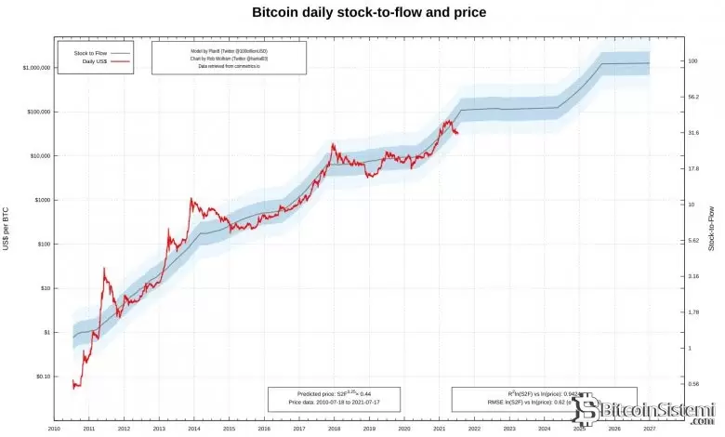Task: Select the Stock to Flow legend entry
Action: (x=90, y=53)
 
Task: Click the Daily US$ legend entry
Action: (x=90, y=62)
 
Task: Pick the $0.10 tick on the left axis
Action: (x=38, y=377)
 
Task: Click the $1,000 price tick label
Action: (x=36, y=200)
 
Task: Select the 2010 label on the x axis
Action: (x=54, y=429)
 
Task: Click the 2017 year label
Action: (x=299, y=429)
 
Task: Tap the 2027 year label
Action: (x=650, y=429)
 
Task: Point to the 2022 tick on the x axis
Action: (x=474, y=429)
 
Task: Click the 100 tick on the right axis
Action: (x=693, y=61)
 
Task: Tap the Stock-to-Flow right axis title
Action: (x=711, y=229)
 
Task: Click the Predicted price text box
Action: (x=334, y=399)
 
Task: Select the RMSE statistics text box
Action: (x=544, y=399)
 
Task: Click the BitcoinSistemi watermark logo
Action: (x=645, y=413)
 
